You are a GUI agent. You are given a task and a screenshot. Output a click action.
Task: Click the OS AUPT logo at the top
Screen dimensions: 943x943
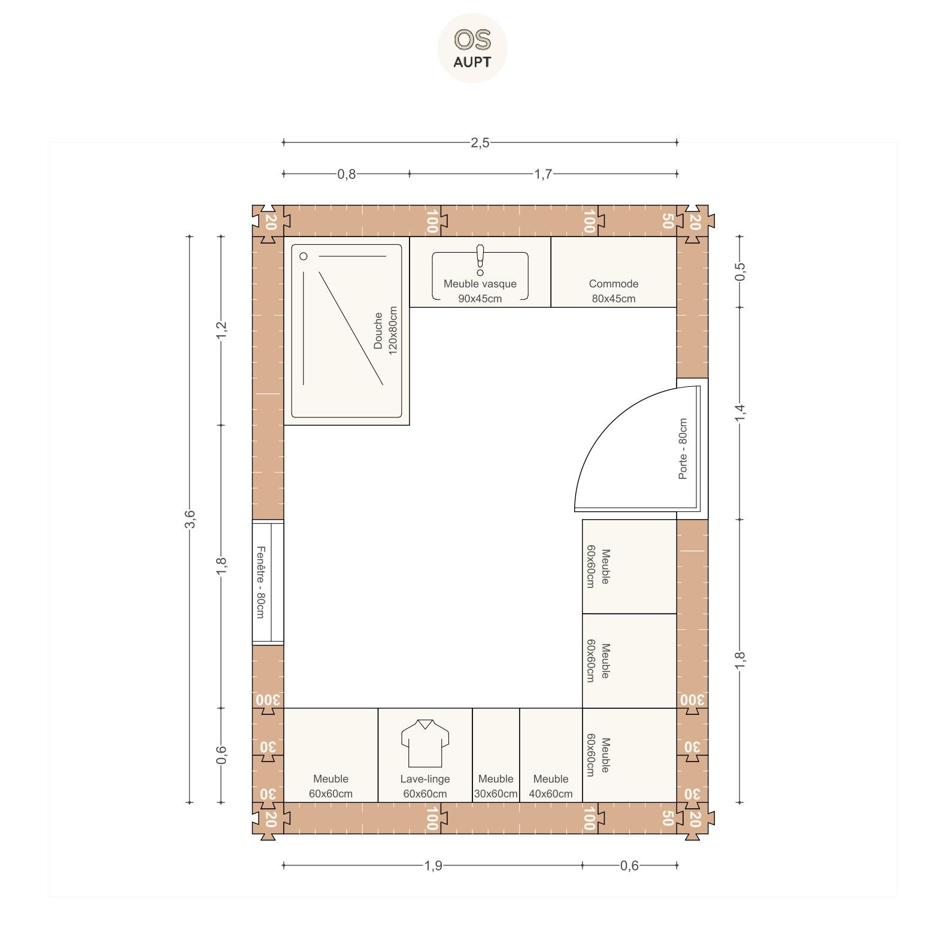472,48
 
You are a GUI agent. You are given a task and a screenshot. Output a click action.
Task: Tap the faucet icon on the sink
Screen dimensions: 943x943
480,260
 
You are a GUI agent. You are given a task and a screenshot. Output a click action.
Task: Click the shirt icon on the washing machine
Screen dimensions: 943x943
425,743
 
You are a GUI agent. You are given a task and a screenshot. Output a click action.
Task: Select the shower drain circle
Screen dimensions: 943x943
304,256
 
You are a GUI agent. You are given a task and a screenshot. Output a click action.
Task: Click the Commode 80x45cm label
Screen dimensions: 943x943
614,291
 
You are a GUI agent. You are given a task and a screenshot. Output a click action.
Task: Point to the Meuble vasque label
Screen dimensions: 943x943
480,284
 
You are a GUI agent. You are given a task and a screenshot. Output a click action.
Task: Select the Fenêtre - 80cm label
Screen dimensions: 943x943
260,582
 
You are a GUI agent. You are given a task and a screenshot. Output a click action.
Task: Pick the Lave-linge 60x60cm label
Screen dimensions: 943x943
425,786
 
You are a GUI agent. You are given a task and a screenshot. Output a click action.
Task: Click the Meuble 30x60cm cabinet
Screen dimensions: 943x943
496,755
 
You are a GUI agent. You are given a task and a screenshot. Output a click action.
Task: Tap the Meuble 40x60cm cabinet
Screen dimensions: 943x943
551,755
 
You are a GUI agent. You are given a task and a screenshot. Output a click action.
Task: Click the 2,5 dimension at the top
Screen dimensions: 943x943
480,142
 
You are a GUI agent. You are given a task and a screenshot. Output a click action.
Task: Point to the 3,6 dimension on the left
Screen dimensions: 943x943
190,519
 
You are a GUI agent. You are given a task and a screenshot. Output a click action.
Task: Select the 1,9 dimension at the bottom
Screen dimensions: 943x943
433,865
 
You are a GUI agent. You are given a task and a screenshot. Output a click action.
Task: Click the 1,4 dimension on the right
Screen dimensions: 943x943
740,413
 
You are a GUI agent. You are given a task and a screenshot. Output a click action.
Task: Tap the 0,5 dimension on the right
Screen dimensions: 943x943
740,271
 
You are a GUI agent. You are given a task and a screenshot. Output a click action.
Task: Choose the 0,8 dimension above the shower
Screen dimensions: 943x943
347,174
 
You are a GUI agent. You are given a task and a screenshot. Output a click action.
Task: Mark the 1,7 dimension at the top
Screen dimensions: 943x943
543,174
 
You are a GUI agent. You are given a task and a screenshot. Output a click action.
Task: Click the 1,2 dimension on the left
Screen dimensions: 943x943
222,330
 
